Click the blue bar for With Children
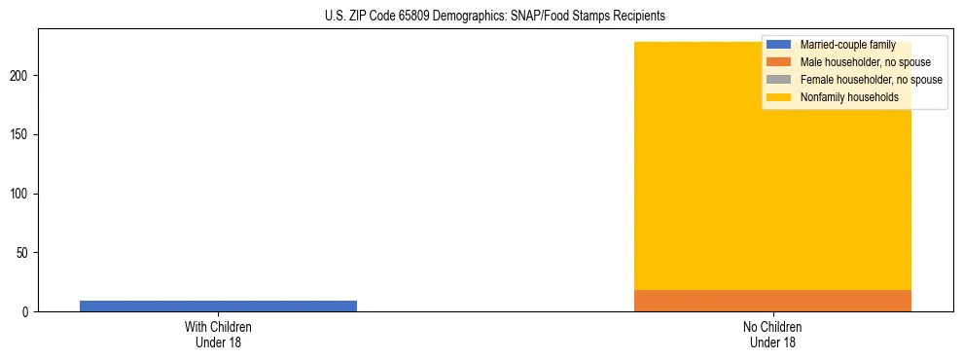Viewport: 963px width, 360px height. (x=218, y=306)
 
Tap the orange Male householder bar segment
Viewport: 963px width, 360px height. (x=772, y=301)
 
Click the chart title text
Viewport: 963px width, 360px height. (x=495, y=17)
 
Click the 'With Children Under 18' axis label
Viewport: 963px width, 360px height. (x=218, y=334)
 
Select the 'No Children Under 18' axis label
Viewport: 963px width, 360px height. (x=772, y=334)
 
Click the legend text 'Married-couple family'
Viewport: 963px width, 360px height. (x=847, y=45)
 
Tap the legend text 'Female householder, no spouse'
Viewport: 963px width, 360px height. (x=871, y=80)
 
